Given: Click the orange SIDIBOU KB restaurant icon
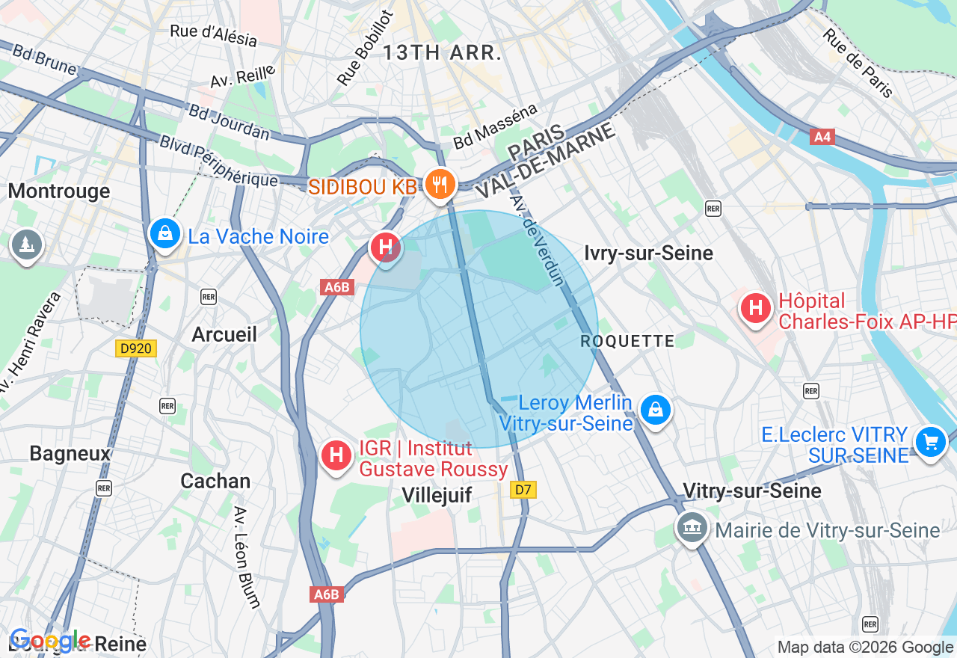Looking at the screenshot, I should click(440, 183).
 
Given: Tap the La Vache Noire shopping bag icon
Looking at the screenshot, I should click(164, 234).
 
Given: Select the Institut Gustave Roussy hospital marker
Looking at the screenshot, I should click(336, 455).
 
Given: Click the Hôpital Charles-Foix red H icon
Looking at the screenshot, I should click(755, 307).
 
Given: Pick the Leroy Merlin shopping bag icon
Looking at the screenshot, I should click(656, 410).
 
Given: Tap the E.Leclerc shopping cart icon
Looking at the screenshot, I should click(931, 442).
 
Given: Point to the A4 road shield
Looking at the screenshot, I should click(821, 137).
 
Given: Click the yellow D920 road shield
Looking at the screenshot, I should click(136, 348).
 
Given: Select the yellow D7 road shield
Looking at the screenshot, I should click(523, 490).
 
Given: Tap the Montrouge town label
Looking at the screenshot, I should click(59, 191).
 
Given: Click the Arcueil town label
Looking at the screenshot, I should click(224, 334).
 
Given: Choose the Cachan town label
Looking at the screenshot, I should click(215, 481).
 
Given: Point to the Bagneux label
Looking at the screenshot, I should click(70, 453).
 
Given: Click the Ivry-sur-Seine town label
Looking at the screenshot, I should click(649, 253).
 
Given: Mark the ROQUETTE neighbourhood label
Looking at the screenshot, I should click(627, 342).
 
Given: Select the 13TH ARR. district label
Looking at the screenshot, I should click(442, 53).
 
